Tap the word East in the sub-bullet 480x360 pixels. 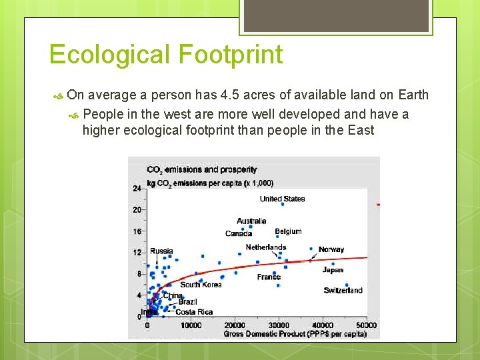(361, 130)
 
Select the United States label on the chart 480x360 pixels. (282, 199)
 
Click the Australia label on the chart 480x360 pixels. (251, 221)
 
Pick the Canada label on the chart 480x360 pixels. (239, 233)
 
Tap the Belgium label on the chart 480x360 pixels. (288, 231)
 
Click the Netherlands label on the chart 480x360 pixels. (265, 247)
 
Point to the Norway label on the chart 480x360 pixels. (331, 249)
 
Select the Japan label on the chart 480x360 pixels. (333, 270)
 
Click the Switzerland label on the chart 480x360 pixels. (343, 290)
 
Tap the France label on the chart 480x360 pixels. (269, 277)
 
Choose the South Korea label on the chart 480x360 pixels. (201, 285)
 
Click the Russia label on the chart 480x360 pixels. (161, 251)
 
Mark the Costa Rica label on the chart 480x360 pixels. (194, 312)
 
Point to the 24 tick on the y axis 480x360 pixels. (137, 189)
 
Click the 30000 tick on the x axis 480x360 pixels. (278, 325)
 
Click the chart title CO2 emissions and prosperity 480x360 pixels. (201, 170)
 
